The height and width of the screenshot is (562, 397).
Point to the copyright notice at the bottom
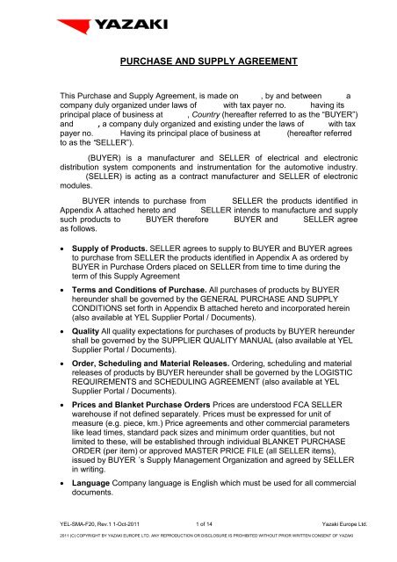[198, 556]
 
